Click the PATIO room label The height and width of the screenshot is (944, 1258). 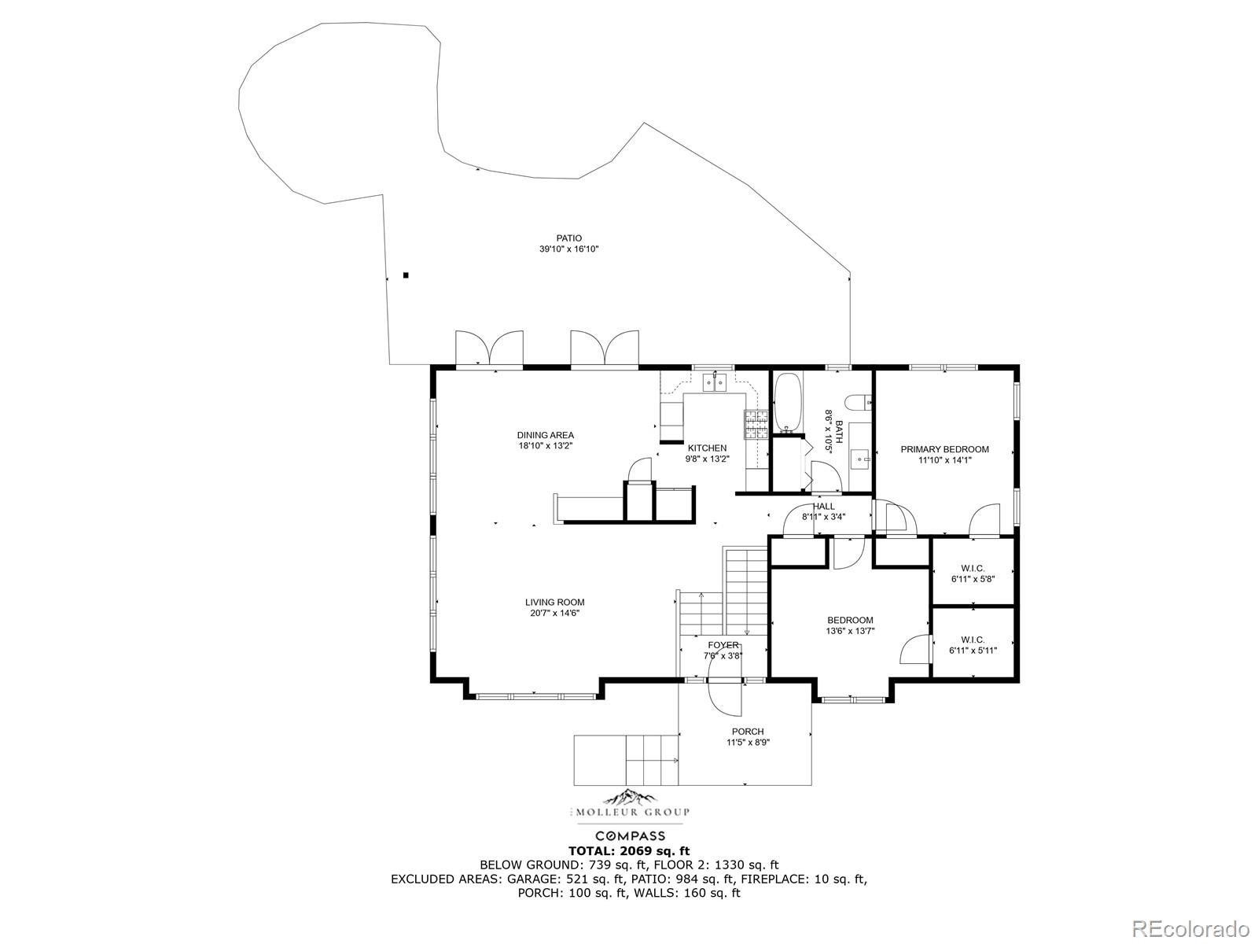(x=568, y=238)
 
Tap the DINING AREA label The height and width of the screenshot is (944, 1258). (x=545, y=435)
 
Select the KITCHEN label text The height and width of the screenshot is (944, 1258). (x=707, y=448)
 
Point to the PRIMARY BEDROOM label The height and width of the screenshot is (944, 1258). (x=944, y=449)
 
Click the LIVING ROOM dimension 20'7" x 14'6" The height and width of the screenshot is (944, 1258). (x=555, y=613)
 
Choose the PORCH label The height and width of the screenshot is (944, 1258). (x=748, y=732)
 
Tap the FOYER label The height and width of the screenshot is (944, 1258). (x=723, y=645)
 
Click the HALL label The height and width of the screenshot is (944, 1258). (x=823, y=507)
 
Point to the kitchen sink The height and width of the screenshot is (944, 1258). (x=715, y=382)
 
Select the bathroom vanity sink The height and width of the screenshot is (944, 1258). (x=860, y=459)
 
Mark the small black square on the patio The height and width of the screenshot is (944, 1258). (x=406, y=275)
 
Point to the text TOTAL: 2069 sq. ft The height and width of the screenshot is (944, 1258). (x=629, y=850)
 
